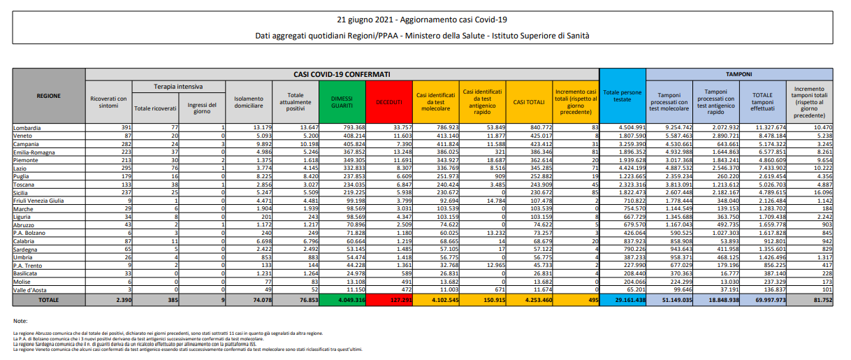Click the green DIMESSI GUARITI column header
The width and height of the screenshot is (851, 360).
point(341,101)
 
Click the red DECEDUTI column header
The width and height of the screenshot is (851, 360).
point(389,101)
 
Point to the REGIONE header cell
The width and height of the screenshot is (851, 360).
point(48,96)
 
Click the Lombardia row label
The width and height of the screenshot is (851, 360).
point(28,128)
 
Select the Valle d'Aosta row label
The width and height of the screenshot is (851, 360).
point(31,289)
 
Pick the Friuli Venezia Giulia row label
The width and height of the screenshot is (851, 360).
point(39,201)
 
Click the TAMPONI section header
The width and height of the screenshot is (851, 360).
point(739,73)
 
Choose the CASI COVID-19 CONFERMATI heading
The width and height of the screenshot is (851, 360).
point(342,73)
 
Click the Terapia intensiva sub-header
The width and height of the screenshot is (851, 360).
point(178,87)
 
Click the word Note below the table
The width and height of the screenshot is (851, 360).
point(20,320)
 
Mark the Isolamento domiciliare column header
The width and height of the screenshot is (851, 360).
point(249,101)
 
